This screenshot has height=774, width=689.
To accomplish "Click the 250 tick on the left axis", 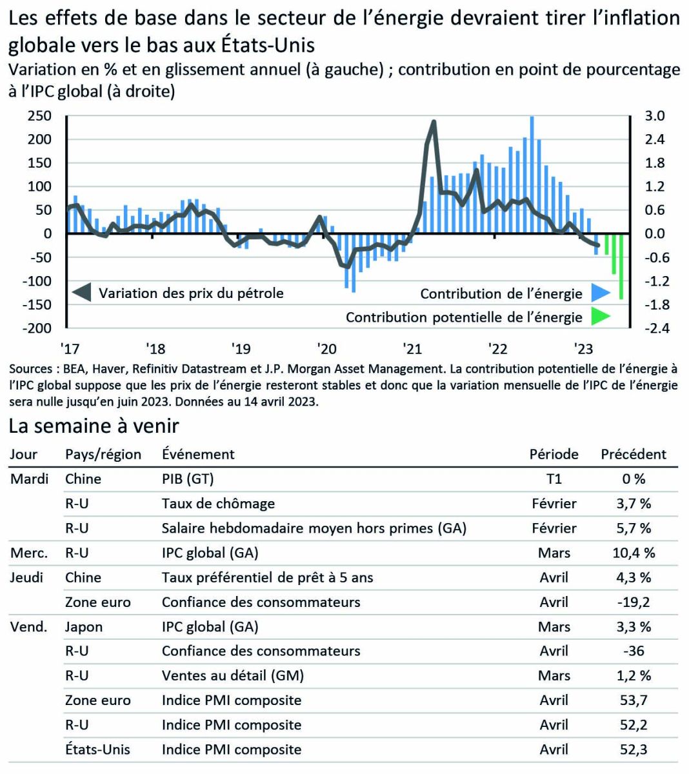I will [39, 116].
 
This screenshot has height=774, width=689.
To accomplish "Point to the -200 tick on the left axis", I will [37, 328].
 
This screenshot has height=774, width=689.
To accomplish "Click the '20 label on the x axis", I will [326, 349].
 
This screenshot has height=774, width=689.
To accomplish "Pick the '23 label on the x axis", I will [583, 349].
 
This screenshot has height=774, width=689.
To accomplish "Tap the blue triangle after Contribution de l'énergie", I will [600, 293].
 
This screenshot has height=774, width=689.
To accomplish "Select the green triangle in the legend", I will [600, 317].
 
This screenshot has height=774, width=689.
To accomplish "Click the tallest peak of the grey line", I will [434, 121].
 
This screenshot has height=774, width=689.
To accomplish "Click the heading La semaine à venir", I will [94, 426].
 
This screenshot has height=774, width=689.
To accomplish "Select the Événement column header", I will [198, 454].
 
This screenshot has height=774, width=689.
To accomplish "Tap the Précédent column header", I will [633, 454].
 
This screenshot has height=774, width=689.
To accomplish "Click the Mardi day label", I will [30, 479].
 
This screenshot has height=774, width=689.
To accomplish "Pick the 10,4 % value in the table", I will [633, 553].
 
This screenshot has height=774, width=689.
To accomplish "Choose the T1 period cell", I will [554, 479].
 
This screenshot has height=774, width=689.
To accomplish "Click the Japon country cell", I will [84, 626].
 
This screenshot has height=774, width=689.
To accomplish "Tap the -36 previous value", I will [633, 651].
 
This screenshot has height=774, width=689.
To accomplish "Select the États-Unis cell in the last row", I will [97, 749].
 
